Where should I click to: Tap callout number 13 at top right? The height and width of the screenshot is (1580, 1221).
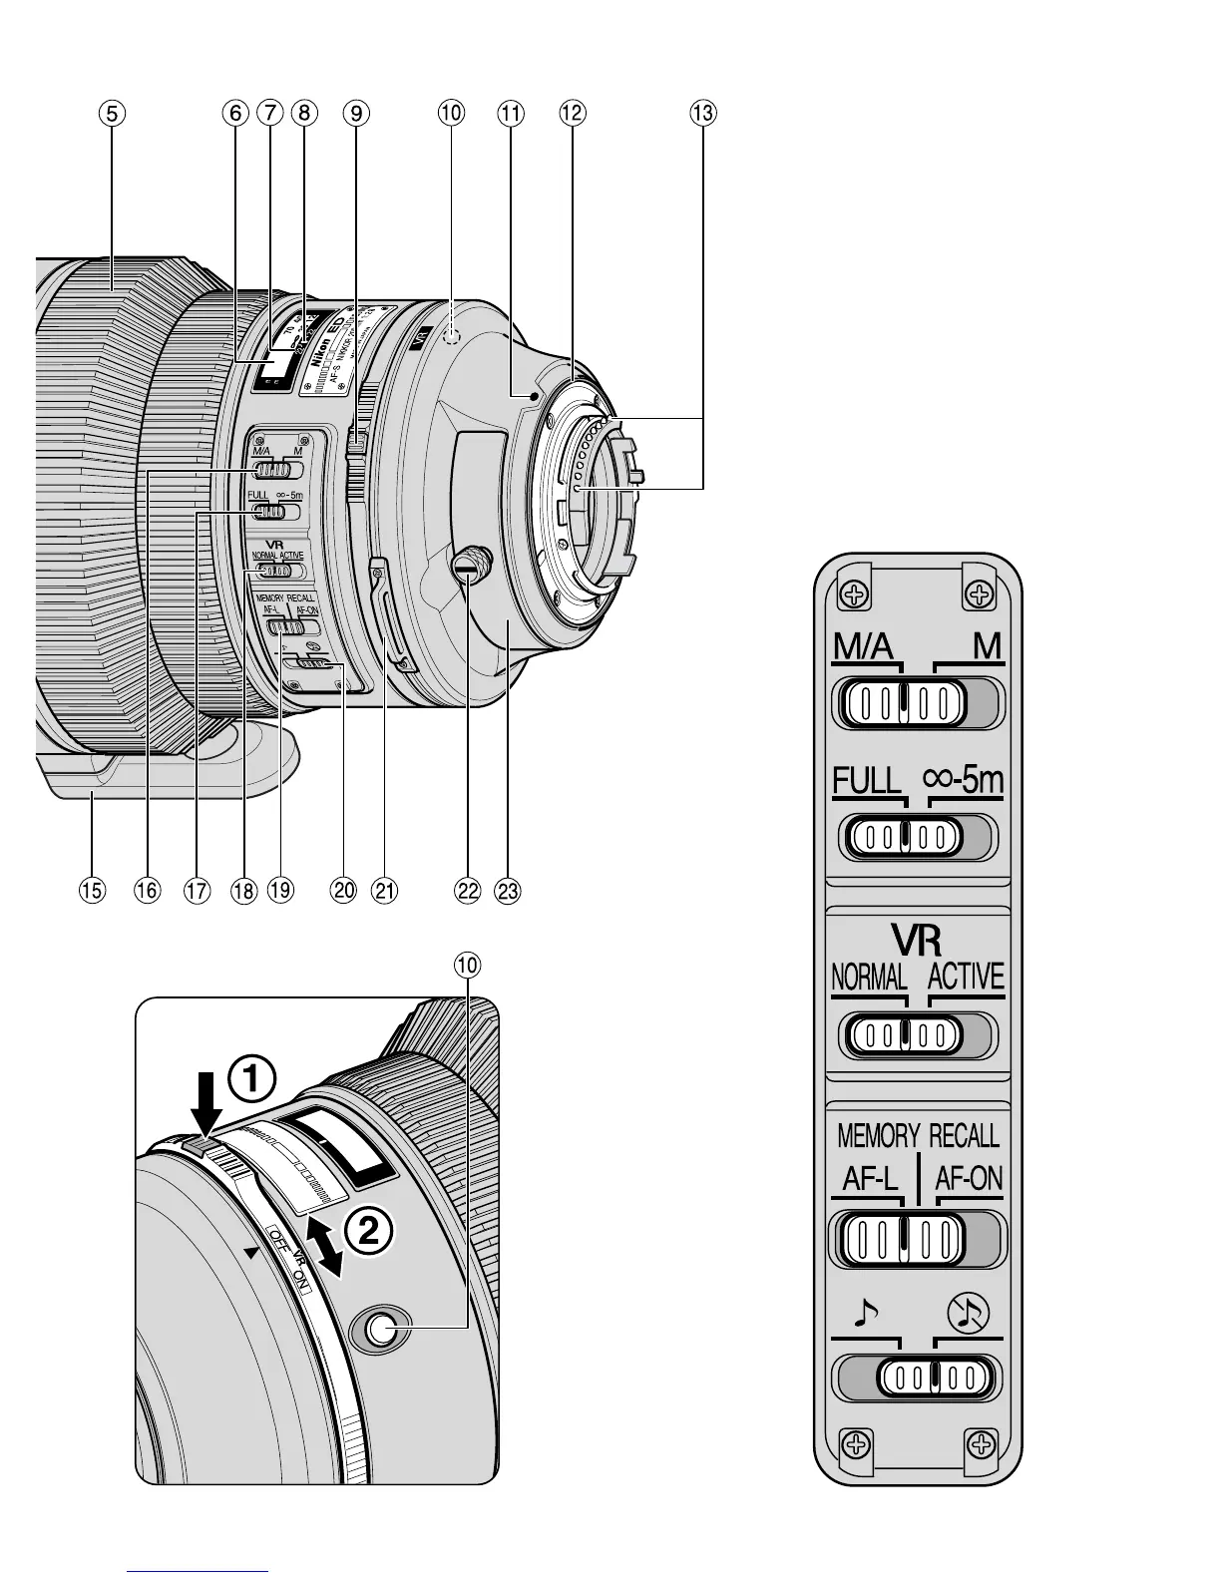point(702,114)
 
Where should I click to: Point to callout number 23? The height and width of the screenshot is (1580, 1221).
point(508,890)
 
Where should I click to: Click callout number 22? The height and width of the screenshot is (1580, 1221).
point(467,890)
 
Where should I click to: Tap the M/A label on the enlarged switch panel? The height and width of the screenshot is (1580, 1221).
point(864,648)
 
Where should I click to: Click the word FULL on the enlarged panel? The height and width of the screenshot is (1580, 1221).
point(867,780)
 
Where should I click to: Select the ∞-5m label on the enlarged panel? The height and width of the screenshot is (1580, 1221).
point(964,780)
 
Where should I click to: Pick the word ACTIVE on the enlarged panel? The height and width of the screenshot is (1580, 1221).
point(965,977)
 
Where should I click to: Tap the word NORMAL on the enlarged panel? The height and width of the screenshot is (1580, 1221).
point(869,977)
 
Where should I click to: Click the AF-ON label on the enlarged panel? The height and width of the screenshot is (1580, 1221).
point(968,1180)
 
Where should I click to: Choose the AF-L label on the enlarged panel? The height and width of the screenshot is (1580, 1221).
point(871,1180)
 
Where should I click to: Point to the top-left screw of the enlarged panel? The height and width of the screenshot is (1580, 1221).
point(854,595)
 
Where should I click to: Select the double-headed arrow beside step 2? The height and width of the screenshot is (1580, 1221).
point(326,1244)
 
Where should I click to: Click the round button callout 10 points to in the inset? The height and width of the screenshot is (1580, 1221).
point(380,1327)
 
